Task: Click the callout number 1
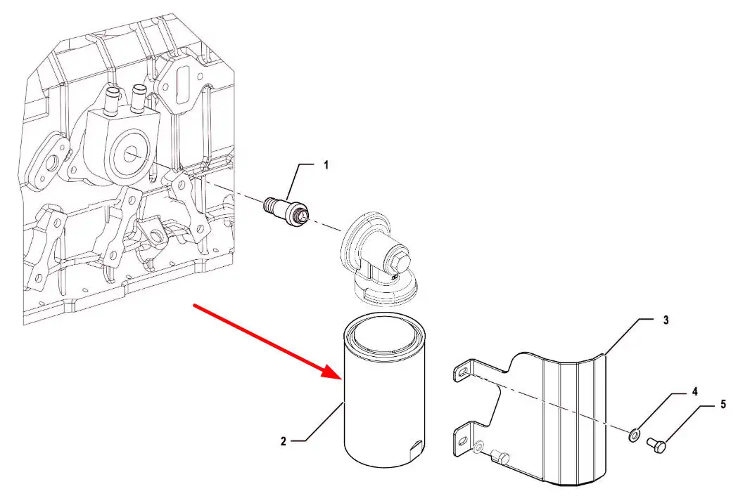pos(326,166)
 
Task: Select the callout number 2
pos(283,441)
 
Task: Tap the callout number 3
pos(666,320)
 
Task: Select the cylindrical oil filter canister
pos(384,407)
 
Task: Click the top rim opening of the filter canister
pos(385,337)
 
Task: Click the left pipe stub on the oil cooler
pos(110,101)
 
